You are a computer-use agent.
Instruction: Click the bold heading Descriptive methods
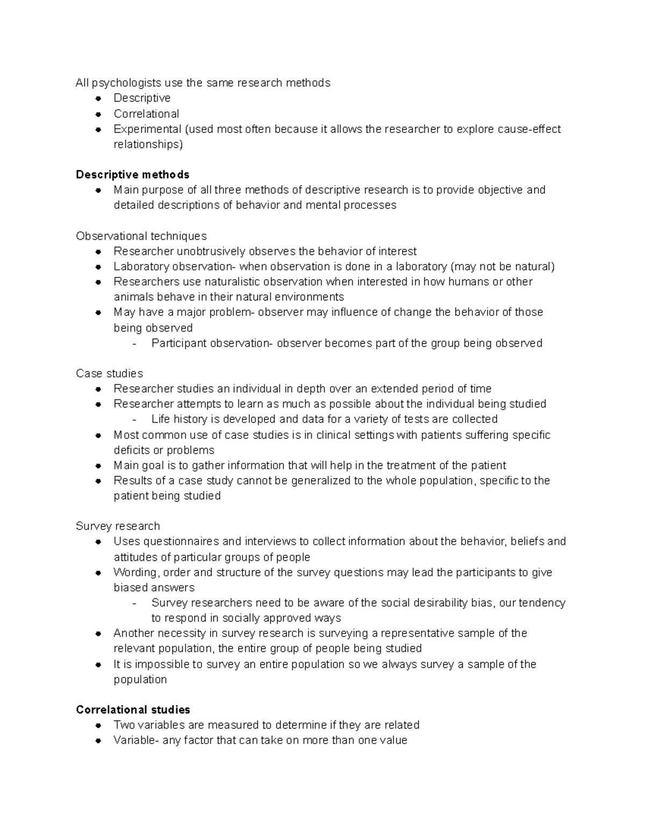pyautogui.click(x=132, y=175)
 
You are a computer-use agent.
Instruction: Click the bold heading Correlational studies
pyautogui.click(x=133, y=710)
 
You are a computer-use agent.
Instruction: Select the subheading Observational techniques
pyautogui.click(x=141, y=236)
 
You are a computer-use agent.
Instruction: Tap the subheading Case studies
pyautogui.click(x=109, y=374)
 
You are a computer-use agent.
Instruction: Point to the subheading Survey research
pyautogui.click(x=118, y=526)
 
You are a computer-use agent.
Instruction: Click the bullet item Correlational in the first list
pyautogui.click(x=146, y=114)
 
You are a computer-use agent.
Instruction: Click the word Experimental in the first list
pyautogui.click(x=147, y=129)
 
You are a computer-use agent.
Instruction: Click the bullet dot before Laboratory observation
pyautogui.click(x=98, y=267)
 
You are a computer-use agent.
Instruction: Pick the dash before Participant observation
pyautogui.click(x=134, y=344)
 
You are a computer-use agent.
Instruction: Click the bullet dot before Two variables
pyautogui.click(x=98, y=725)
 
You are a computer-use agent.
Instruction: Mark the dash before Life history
pyautogui.click(x=134, y=420)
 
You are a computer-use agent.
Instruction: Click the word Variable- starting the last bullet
pyautogui.click(x=136, y=740)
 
